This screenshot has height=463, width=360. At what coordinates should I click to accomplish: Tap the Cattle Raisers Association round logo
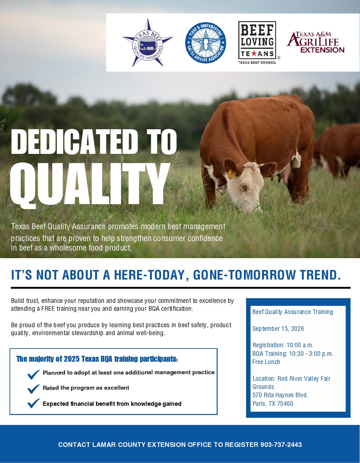(205, 43)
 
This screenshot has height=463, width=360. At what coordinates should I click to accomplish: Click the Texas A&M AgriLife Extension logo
(316, 42)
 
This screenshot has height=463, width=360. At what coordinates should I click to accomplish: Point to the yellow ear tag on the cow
(231, 174)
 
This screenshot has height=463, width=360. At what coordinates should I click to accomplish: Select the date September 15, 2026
(278, 329)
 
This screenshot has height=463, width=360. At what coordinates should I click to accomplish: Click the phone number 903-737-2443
(281, 445)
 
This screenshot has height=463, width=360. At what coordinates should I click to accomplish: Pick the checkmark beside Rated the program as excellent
(34, 389)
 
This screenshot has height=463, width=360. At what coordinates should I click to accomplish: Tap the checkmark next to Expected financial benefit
(34, 403)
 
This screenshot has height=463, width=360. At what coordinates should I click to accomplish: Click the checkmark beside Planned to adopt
(34, 374)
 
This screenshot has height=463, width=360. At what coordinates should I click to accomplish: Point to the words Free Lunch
(266, 362)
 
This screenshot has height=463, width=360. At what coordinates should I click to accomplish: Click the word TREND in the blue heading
(320, 275)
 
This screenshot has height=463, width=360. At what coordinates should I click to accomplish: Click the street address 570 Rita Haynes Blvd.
(280, 395)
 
